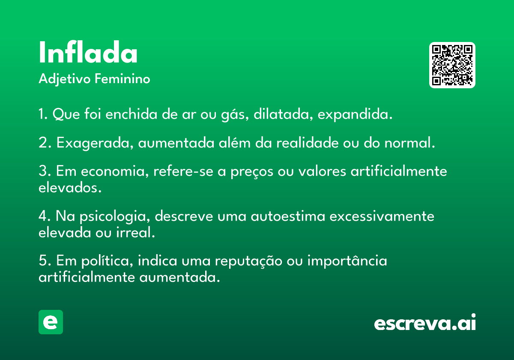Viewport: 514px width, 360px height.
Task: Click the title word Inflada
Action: [x=88, y=52]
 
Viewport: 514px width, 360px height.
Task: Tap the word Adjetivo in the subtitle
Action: [x=65, y=79]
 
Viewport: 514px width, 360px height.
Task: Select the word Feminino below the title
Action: [x=123, y=78]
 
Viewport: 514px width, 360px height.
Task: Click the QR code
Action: [x=452, y=65]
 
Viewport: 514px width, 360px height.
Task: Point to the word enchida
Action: [x=131, y=114]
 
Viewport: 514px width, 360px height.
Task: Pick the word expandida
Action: [x=355, y=114]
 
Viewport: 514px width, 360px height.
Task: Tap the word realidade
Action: [x=308, y=143]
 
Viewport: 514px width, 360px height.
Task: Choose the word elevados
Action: [x=70, y=188]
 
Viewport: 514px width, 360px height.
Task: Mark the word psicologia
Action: [x=115, y=217]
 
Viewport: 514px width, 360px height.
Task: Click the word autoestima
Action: [x=288, y=216]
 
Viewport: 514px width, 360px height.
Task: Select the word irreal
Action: [x=136, y=232]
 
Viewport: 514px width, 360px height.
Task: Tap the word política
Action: [x=107, y=261]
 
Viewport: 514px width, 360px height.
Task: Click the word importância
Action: [x=347, y=261]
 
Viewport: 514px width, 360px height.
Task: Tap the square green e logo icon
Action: [x=51, y=322]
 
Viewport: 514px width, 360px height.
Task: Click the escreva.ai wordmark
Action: [x=425, y=322]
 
